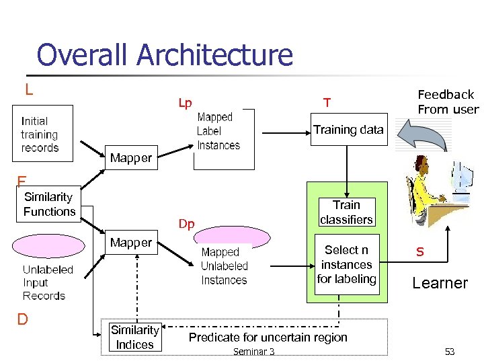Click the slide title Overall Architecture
tap(165, 55)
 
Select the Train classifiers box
tap(346, 212)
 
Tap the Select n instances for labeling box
tap(346, 264)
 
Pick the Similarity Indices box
tap(134, 337)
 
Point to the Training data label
tap(348, 130)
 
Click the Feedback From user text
tap(448, 102)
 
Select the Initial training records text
tap(40, 134)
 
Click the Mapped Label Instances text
tap(218, 131)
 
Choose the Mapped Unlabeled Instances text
tap(224, 266)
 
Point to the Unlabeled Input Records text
tap(48, 282)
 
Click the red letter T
tap(327, 103)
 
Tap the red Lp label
tap(185, 104)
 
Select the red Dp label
tap(186, 225)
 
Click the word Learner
tap(440, 283)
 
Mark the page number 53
tap(449, 352)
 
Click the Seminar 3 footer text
tap(253, 352)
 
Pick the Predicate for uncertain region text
tap(268, 337)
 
